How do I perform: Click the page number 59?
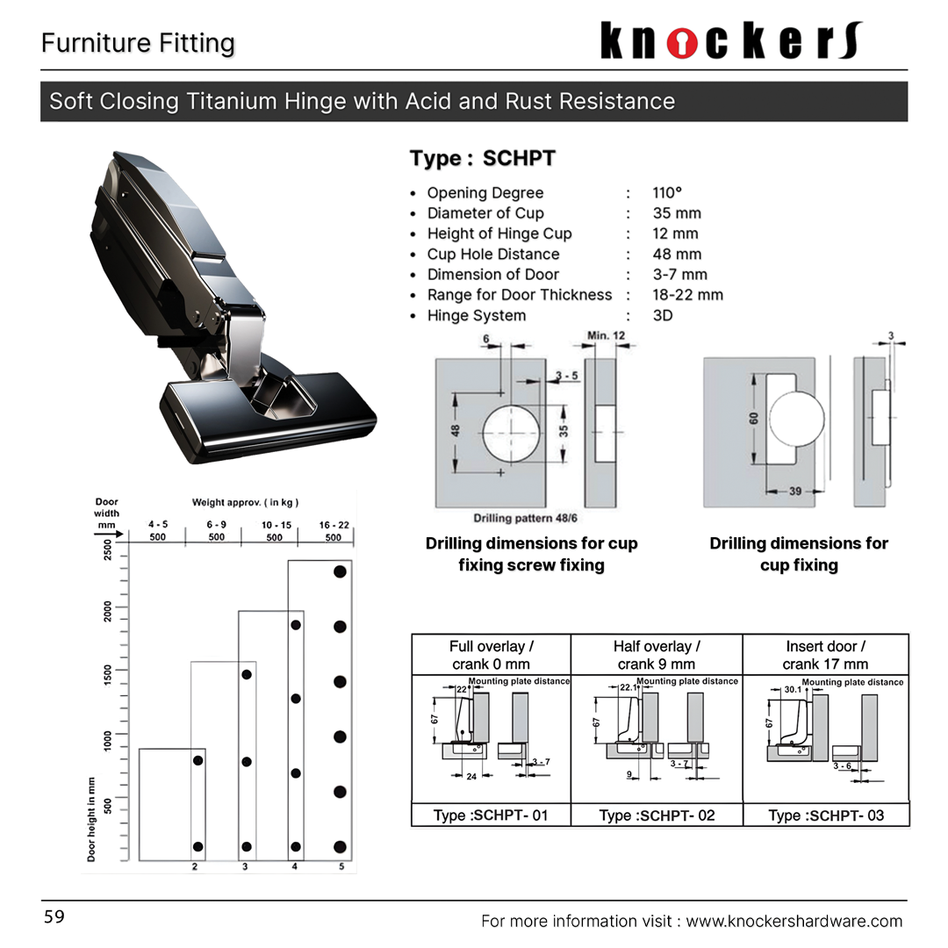54,917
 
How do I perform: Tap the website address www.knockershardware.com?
794,921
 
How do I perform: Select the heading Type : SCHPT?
482,159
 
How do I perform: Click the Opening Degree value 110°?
667,193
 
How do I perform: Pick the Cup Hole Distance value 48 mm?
677,255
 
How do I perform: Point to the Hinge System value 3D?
663,316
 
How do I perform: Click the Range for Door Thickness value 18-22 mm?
687,295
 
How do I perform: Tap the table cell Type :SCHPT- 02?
657,815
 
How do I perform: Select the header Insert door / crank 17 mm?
825,655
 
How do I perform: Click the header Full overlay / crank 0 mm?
491,655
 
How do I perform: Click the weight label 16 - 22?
334,525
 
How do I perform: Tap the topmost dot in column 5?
340,571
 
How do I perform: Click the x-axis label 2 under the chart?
195,867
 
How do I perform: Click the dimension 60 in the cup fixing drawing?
753,419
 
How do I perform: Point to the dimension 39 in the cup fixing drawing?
795,492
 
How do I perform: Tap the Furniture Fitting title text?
138,43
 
